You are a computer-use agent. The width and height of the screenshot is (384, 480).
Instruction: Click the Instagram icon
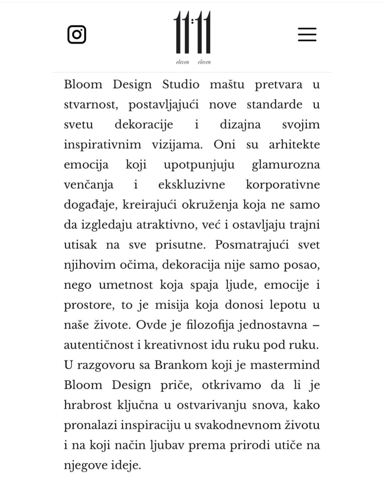click(x=77, y=34)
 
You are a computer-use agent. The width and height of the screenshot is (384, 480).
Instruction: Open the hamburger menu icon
click(x=307, y=34)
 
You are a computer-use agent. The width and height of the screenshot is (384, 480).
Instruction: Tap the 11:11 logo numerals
click(x=192, y=32)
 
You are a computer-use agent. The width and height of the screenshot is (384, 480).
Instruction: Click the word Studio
click(x=181, y=84)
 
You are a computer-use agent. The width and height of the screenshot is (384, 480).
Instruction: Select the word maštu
click(x=227, y=84)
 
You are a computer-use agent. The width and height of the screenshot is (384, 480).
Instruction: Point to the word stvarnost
click(x=91, y=105)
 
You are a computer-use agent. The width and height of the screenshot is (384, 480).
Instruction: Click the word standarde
click(x=274, y=105)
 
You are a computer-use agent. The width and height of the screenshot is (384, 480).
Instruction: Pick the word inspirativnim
click(x=102, y=145)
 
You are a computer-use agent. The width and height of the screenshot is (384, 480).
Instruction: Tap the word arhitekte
click(x=294, y=145)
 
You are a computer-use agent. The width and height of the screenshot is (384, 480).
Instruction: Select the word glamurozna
click(x=286, y=165)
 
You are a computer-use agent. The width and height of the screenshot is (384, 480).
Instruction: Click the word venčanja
click(x=89, y=185)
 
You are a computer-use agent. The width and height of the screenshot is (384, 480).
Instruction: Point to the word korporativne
click(x=283, y=185)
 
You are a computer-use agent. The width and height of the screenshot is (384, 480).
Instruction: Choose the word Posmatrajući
click(x=252, y=245)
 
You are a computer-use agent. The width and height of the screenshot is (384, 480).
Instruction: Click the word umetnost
click(x=126, y=285)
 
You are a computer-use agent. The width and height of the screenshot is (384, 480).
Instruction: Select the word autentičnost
click(x=99, y=345)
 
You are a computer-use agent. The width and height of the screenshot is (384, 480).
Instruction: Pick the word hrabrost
click(x=88, y=405)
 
